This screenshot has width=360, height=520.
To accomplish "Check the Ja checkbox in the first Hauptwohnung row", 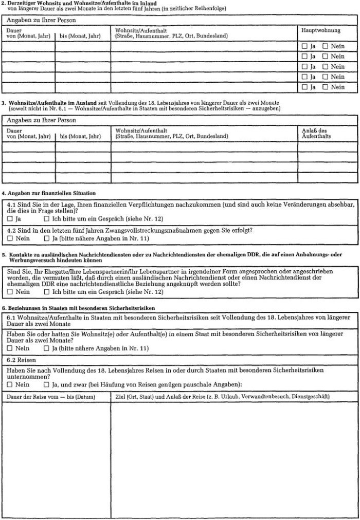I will click(304, 46).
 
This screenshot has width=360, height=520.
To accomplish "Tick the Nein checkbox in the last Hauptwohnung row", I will click(326, 87).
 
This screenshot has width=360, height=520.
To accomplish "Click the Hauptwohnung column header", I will click(320, 30).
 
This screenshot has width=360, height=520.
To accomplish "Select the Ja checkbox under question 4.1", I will click(10, 219).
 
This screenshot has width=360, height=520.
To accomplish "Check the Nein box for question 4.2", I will click(10, 238).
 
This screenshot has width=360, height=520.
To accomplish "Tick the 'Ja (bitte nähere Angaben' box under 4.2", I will click(47, 238).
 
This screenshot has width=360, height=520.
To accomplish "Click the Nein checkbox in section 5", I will click(10, 292).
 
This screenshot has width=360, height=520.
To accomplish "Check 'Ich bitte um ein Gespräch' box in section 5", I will click(47, 292).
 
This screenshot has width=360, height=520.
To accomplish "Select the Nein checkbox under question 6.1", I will click(10, 348).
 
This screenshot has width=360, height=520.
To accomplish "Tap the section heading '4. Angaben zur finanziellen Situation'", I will click(49, 193).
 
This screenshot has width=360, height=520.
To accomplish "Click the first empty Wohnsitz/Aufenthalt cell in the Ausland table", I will click(204, 147).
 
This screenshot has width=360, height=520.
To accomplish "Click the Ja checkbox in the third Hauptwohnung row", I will click(304, 67).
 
